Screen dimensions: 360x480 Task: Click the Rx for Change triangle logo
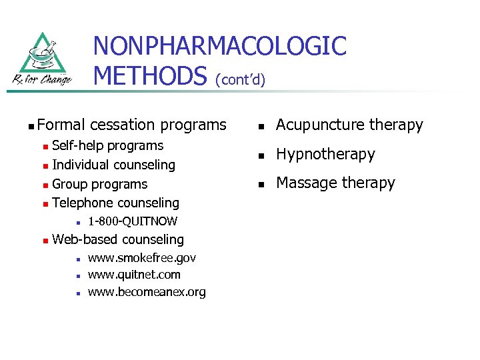(x=42, y=58)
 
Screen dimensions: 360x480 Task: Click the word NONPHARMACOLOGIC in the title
(x=219, y=47)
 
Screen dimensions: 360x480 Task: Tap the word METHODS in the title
(x=151, y=76)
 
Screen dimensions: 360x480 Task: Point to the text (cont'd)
(x=240, y=80)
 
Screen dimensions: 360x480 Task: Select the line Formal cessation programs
(x=132, y=125)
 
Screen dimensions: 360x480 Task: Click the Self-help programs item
(x=107, y=145)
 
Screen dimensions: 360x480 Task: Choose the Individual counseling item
(x=113, y=165)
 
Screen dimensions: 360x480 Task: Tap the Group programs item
(x=99, y=184)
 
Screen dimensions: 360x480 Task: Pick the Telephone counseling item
(x=115, y=203)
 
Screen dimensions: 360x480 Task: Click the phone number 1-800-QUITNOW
(x=133, y=221)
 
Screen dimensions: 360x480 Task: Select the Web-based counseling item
(x=117, y=239)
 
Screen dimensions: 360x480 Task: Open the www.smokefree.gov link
(x=142, y=258)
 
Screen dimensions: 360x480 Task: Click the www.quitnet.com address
(x=134, y=275)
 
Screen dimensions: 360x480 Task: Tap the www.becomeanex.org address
(x=147, y=292)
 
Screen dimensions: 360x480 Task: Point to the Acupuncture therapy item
(x=349, y=125)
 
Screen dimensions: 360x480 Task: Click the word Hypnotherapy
(x=325, y=154)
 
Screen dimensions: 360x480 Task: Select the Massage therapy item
(x=335, y=183)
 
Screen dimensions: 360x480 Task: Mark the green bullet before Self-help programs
(x=44, y=146)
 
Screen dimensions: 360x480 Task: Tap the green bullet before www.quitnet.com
(x=78, y=275)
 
